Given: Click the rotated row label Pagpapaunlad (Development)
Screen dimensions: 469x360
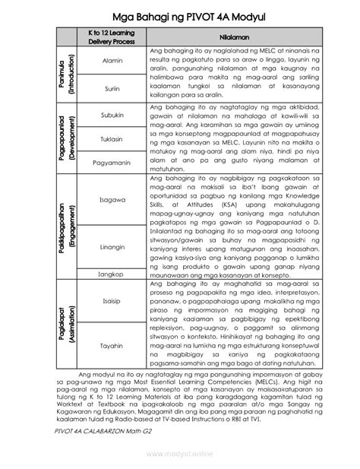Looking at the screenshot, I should (66, 138).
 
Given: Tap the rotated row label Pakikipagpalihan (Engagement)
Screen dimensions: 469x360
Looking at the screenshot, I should (66, 227).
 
